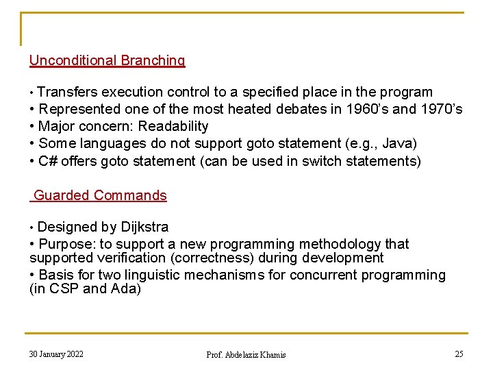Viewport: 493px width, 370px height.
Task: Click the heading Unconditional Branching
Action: [x=107, y=60]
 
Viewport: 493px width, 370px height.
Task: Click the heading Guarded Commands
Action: [x=100, y=195]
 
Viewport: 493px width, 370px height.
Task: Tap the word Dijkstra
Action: [x=144, y=227]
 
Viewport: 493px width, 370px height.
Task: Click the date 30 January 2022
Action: [x=56, y=354]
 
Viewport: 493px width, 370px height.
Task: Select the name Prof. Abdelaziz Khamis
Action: [x=246, y=354]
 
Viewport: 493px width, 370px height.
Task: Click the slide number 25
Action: [x=459, y=354]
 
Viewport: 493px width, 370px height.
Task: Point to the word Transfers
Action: [x=68, y=92]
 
